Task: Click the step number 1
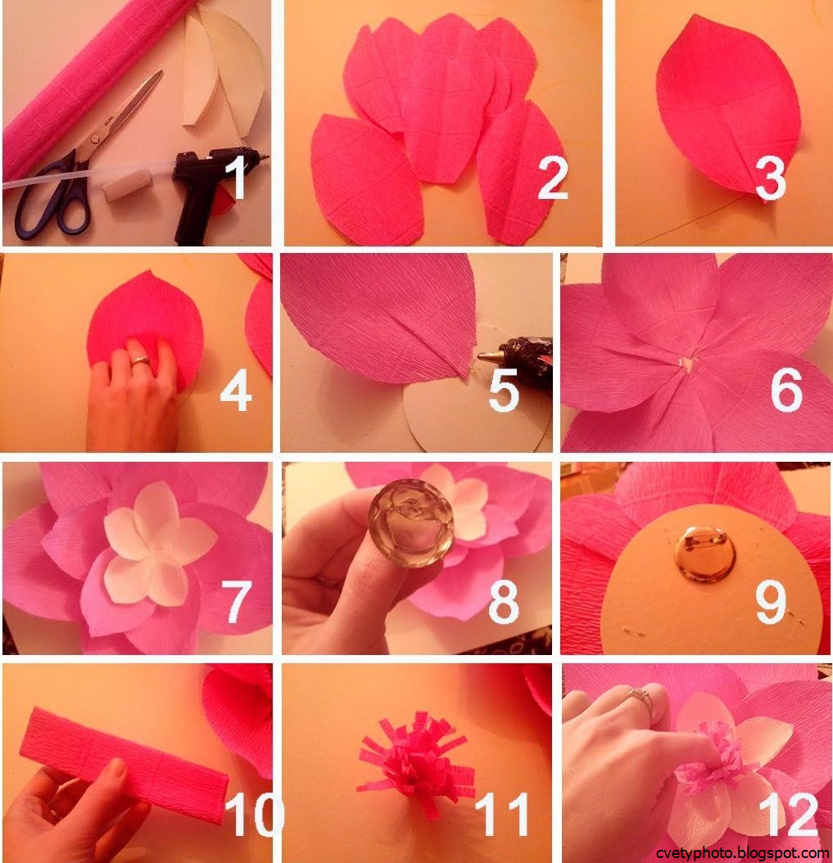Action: coord(238,176)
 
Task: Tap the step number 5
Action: coord(504,390)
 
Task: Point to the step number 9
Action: coord(771,603)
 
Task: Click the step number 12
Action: coord(789,815)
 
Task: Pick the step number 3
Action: coord(771,177)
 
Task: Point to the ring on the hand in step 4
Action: coord(140,361)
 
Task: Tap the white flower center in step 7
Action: coord(158,544)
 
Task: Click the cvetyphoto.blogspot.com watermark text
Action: coord(742,853)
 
